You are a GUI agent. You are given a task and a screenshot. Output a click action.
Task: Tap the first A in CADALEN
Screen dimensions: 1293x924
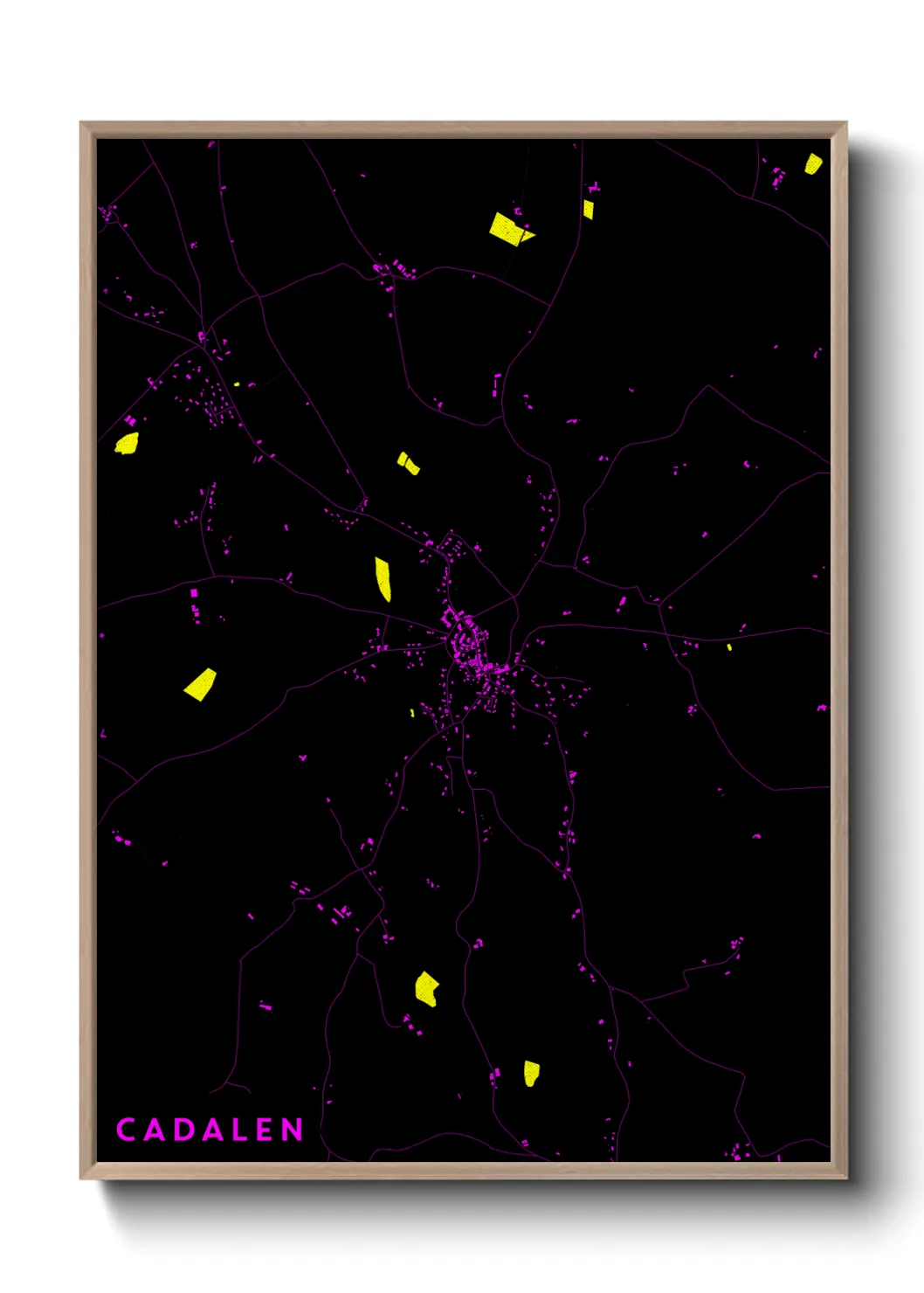pyautogui.click(x=154, y=1130)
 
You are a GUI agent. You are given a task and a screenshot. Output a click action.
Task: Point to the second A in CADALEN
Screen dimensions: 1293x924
pyautogui.click(x=210, y=1130)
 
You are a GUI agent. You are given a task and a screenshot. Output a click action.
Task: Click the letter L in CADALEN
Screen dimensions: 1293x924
pyautogui.click(x=237, y=1130)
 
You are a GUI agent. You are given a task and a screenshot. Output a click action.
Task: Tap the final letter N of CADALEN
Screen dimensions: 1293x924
pyautogui.click(x=292, y=1130)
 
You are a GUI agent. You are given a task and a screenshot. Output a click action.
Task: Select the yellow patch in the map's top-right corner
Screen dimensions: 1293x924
pyautogui.click(x=812, y=163)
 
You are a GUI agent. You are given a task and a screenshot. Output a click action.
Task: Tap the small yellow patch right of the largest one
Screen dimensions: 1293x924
pyautogui.click(x=588, y=210)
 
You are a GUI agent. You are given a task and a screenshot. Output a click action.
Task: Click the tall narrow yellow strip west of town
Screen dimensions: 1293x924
pyautogui.click(x=383, y=578)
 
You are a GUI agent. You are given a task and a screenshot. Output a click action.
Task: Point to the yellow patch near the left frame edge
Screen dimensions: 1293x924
pyautogui.click(x=128, y=444)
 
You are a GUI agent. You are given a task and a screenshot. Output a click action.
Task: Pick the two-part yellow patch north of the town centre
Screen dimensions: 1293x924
pyautogui.click(x=408, y=463)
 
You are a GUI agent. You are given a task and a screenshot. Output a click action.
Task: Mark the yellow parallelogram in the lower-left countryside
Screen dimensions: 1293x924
pyautogui.click(x=201, y=684)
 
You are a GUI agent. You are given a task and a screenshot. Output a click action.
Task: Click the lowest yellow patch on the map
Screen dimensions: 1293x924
pyautogui.click(x=531, y=1073)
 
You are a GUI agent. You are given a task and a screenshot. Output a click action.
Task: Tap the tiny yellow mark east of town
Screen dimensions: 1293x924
pyautogui.click(x=729, y=647)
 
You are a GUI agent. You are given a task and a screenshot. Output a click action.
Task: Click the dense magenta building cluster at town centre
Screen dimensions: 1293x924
pyautogui.click(x=467, y=646)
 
